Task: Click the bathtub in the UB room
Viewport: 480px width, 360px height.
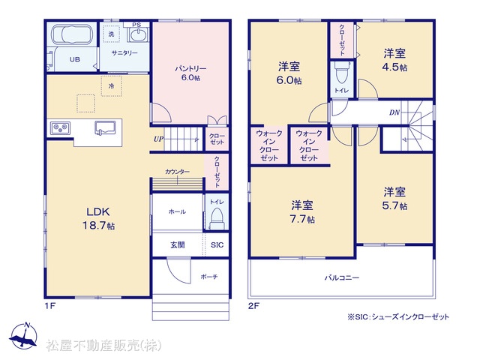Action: click(x=72, y=34)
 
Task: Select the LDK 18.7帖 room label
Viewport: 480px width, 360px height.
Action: click(x=98, y=218)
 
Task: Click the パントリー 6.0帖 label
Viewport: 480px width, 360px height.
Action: click(x=190, y=73)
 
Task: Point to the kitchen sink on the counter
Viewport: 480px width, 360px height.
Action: click(x=105, y=127)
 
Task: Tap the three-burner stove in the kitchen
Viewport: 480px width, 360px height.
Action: click(x=61, y=128)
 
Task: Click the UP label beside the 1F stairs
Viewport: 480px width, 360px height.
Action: click(x=158, y=139)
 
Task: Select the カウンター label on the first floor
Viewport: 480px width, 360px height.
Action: click(x=177, y=172)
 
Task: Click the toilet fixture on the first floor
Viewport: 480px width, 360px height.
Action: click(x=217, y=218)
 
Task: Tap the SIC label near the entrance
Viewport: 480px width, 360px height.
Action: click(x=217, y=245)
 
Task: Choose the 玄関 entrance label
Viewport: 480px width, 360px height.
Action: click(x=178, y=245)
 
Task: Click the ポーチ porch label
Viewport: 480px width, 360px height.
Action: click(x=209, y=277)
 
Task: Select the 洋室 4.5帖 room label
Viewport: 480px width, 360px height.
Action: click(x=394, y=60)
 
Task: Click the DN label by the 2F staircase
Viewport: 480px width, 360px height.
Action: click(x=394, y=112)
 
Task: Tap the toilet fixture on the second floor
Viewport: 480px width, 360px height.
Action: click(x=341, y=73)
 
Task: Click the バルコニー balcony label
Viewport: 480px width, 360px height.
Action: click(x=342, y=278)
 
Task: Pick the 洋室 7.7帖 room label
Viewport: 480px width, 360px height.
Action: click(x=302, y=211)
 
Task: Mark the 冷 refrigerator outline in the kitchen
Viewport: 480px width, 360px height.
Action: click(x=112, y=86)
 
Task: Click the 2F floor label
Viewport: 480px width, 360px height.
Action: click(x=253, y=306)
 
